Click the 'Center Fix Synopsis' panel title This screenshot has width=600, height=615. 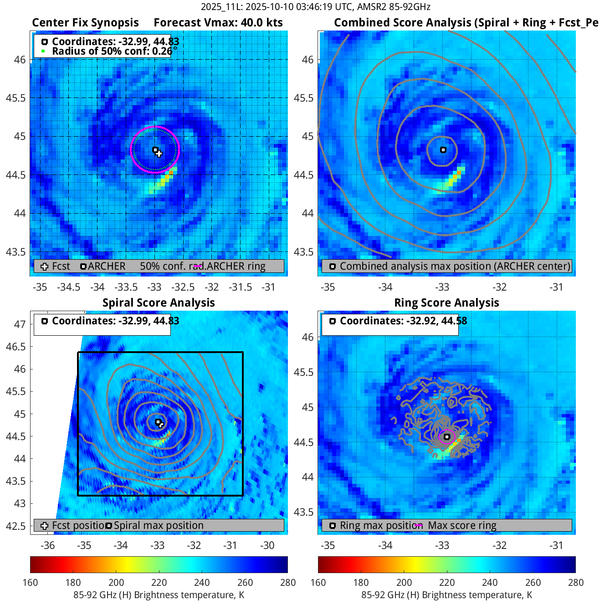85,23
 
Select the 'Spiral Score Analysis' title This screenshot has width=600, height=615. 159,303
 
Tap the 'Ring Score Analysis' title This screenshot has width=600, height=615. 446,303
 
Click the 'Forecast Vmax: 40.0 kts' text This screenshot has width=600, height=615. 218,23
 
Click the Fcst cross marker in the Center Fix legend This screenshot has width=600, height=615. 44,266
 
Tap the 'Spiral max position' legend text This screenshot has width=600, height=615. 159,526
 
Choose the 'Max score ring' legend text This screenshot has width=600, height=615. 462,526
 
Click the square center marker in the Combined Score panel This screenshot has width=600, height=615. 443,150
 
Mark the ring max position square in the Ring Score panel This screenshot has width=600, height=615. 447,437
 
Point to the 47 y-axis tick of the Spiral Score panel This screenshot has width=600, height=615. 20,324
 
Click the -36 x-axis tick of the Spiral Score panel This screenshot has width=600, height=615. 47,546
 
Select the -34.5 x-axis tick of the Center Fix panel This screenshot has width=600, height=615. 68,287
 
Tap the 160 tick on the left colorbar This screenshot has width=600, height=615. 31,583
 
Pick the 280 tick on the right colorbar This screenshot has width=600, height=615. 575,583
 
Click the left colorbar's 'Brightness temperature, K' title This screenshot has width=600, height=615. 159,595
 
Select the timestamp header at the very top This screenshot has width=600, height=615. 315,7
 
